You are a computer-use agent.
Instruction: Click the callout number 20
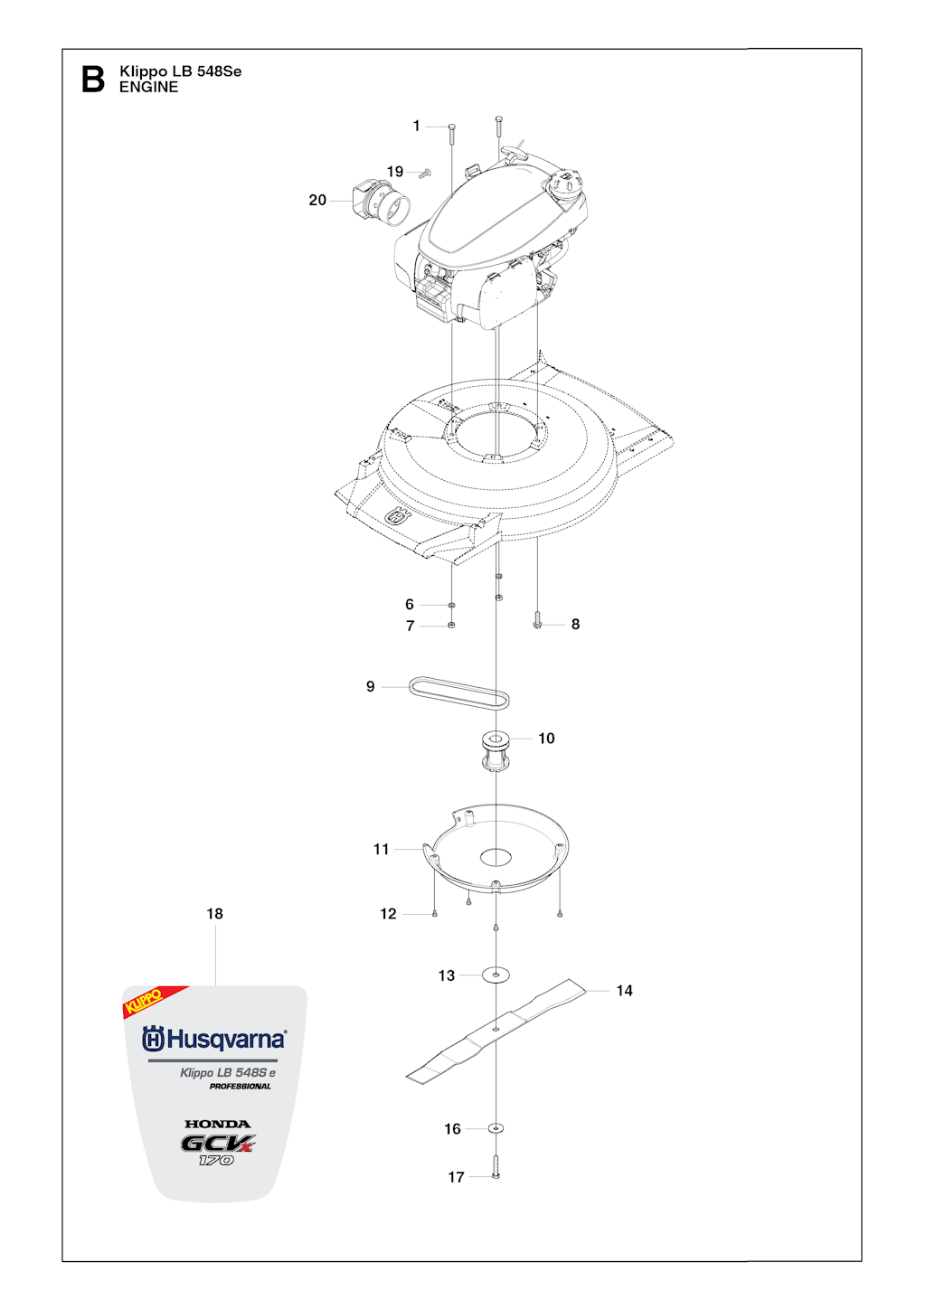(317, 201)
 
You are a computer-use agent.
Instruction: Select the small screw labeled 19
(426, 173)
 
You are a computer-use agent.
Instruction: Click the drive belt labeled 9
(458, 693)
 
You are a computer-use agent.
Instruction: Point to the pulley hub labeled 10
(496, 751)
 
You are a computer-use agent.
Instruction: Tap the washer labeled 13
(496, 975)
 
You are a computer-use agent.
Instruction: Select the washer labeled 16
(496, 1128)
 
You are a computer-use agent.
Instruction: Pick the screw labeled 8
(538, 625)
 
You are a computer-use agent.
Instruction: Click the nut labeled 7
(451, 626)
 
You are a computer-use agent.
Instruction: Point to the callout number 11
(381, 849)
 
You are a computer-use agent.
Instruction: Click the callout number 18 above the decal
(214, 913)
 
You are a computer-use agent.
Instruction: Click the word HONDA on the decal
(217, 1124)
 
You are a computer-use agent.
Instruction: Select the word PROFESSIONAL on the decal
(241, 1087)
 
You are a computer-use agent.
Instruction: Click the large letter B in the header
(93, 80)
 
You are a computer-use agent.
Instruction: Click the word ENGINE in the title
(148, 87)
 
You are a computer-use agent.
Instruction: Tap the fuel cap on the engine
(564, 184)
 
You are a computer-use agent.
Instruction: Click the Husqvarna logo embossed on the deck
(398, 516)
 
